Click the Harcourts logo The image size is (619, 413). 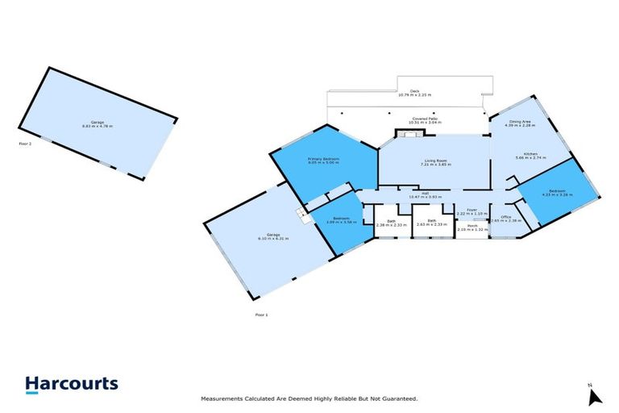(72, 385)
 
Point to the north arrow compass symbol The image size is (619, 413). (595, 396)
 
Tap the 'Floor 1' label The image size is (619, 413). (260, 315)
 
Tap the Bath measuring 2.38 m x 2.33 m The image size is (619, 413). (391, 222)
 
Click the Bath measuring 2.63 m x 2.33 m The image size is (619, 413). (432, 222)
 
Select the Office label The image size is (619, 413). (506, 218)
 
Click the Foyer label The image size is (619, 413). (472, 211)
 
